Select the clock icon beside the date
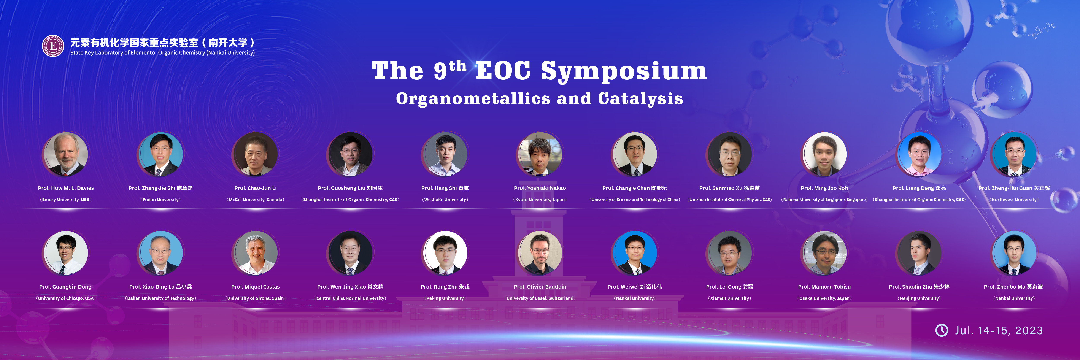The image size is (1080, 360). click(942, 330)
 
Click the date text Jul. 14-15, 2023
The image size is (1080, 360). click(999, 331)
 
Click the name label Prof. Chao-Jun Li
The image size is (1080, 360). click(255, 188)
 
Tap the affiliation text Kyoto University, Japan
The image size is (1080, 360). click(540, 200)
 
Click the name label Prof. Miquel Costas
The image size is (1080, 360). click(255, 287)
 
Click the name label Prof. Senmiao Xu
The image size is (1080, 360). click(729, 188)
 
